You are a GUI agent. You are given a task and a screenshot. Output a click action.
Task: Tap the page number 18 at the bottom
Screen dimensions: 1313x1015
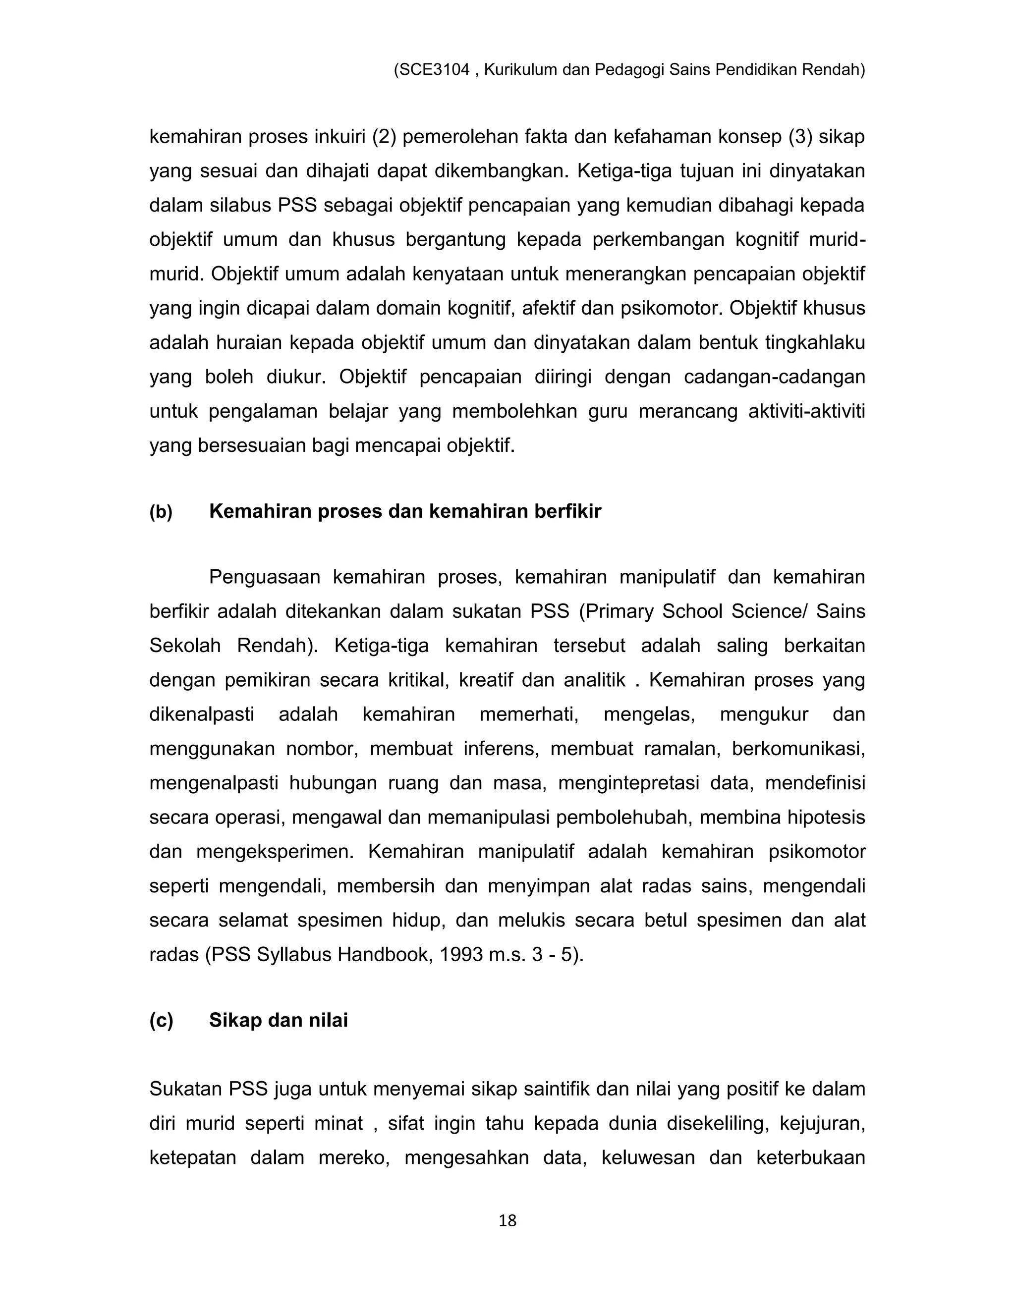pyautogui.click(x=507, y=1221)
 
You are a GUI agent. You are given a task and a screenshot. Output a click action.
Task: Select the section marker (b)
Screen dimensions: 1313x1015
pyautogui.click(x=161, y=512)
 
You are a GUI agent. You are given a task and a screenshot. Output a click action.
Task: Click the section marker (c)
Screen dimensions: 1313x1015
pyautogui.click(x=161, y=1021)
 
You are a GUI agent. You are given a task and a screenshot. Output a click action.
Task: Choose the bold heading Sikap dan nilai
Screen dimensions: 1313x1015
pyautogui.click(x=279, y=1021)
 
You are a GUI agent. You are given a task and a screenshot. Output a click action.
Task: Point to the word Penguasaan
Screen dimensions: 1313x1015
pyautogui.click(x=264, y=577)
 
